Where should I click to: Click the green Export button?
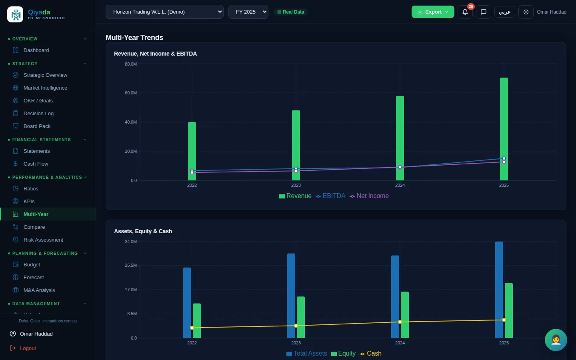tap(433, 12)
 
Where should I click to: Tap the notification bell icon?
tap(465, 12)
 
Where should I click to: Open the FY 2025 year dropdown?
tap(248, 12)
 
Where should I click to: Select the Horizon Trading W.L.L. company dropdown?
tap(164, 12)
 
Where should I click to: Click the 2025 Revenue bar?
tap(504, 129)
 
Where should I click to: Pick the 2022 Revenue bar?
tap(192, 151)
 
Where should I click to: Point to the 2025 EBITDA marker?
tap(504, 158)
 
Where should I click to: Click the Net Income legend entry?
tap(369, 196)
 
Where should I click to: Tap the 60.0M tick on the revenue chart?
tap(131, 93)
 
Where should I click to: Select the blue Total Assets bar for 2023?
tap(291, 296)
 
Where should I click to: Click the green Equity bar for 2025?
tap(509, 311)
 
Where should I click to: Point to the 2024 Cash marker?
tap(400, 322)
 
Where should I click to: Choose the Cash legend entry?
tap(370, 354)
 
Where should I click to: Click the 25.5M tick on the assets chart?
tap(131, 265)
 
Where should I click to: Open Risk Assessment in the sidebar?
tap(43, 240)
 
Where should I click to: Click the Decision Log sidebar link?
tap(38, 114)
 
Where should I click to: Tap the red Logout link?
tap(28, 348)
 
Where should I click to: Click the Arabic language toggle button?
tap(504, 12)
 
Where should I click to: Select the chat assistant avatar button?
tap(556, 340)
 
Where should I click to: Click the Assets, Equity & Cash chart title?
tap(143, 231)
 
